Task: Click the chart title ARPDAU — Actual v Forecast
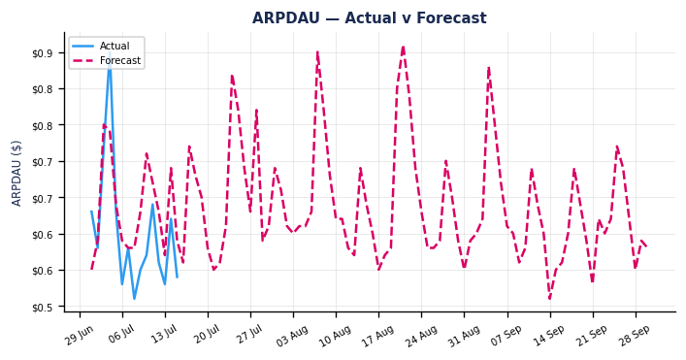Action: click(370, 17)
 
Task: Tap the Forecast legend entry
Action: click(107, 60)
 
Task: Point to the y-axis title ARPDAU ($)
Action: click(16, 174)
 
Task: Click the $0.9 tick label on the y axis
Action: click(43, 53)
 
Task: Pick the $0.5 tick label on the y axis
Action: click(43, 308)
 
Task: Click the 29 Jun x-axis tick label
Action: click(80, 336)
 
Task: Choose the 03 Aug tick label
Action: click(292, 336)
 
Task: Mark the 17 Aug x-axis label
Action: click(377, 336)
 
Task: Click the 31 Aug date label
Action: click(463, 336)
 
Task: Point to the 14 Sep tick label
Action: click(549, 336)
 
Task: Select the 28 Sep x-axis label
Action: click(635, 336)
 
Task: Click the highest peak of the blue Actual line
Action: click(110, 52)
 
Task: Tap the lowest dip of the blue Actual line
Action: click(134, 299)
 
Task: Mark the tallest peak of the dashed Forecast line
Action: click(403, 46)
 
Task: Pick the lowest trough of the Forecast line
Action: click(550, 299)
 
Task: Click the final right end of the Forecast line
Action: click(647, 247)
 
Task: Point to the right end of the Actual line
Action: click(178, 278)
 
